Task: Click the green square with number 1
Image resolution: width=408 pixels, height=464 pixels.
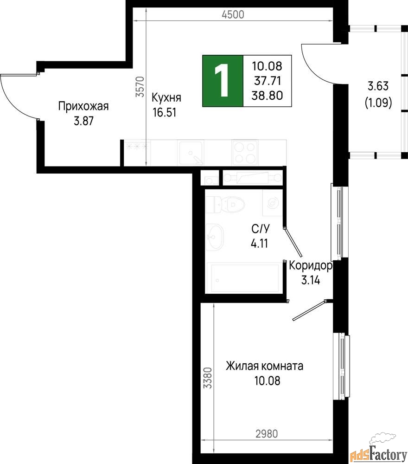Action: pyautogui.click(x=223, y=81)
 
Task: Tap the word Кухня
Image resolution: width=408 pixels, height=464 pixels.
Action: pyautogui.click(x=166, y=97)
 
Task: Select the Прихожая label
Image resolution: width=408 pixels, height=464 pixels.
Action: pyautogui.click(x=83, y=106)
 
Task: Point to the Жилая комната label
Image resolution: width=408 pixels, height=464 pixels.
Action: pyautogui.click(x=264, y=366)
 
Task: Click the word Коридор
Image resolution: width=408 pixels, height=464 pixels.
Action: pyautogui.click(x=311, y=265)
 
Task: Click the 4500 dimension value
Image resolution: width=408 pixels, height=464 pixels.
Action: pyautogui.click(x=233, y=14)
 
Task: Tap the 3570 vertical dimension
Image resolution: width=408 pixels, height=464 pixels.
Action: pyautogui.click(x=140, y=87)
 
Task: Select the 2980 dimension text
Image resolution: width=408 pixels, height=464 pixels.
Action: pyautogui.click(x=267, y=434)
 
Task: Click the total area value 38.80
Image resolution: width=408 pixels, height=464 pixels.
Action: pyautogui.click(x=267, y=95)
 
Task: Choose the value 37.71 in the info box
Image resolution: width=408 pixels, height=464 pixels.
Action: pyautogui.click(x=267, y=80)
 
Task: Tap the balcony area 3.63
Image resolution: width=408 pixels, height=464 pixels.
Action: pyautogui.click(x=378, y=86)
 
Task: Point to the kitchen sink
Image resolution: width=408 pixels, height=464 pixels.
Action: pyautogui.click(x=191, y=153)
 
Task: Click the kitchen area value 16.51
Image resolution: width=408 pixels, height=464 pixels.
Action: pyautogui.click(x=165, y=112)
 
